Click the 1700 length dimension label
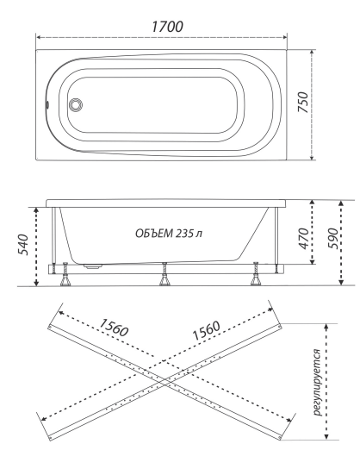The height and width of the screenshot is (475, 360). pos(167,27)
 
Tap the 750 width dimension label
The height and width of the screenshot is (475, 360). pos(303,103)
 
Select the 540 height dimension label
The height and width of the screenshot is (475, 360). pos(23,245)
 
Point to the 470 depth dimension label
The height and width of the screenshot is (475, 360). pos(303,239)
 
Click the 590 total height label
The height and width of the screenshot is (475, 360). pos(332,239)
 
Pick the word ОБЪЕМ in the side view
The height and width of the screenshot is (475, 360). pos(154,234)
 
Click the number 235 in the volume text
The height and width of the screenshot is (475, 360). pos(184,234)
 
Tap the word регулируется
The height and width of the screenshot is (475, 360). pos(316,382)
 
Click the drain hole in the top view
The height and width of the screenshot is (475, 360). pos(75,105)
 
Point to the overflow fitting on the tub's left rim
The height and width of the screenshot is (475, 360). pos(47,104)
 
